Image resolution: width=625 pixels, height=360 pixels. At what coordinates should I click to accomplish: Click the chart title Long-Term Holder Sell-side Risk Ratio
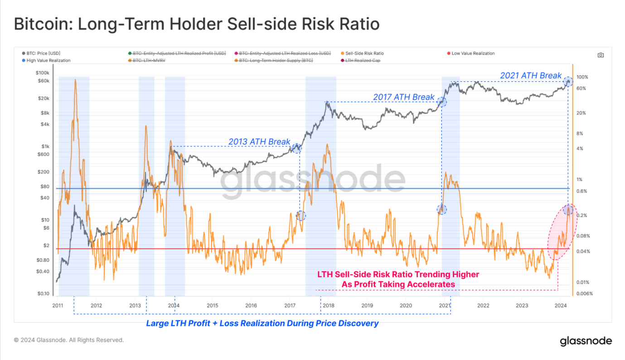tap(196, 24)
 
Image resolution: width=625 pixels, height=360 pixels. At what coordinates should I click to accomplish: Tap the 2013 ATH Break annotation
tap(259, 142)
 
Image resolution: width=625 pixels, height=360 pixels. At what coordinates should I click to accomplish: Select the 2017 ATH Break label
tap(403, 97)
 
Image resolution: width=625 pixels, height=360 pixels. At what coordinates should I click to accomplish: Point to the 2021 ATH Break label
tap(530, 76)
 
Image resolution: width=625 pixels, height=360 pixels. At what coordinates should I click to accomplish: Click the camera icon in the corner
tap(601, 55)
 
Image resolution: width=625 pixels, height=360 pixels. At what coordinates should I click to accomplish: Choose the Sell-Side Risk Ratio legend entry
tap(364, 54)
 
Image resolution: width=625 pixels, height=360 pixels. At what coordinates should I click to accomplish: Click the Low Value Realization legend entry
tap(473, 54)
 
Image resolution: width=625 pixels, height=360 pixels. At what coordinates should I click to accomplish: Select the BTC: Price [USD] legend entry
tap(43, 54)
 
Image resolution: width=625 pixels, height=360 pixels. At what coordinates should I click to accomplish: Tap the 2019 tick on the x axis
tap(367, 306)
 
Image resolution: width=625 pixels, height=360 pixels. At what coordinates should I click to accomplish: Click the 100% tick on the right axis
tap(582, 77)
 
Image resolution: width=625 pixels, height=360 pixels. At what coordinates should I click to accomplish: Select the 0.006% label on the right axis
tap(584, 293)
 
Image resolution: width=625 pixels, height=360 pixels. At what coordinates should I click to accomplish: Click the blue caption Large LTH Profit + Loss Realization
tap(262, 323)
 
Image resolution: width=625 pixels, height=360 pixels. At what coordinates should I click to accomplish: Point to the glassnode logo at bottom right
tap(586, 341)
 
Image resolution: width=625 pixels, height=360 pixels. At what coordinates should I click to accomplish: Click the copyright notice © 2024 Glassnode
tap(68, 340)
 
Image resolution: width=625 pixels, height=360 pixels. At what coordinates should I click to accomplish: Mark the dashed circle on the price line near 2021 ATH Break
tap(569, 82)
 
